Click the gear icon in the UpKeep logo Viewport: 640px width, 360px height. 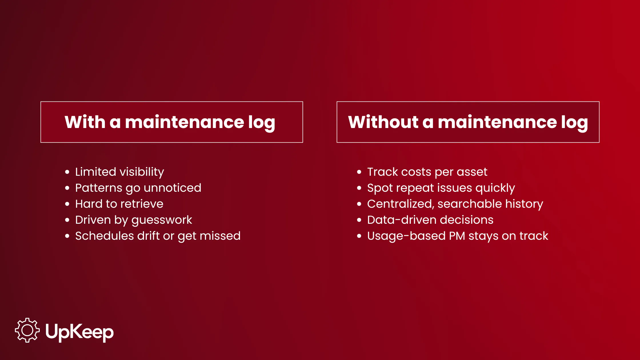tap(27, 330)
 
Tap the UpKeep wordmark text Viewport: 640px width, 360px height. tap(79, 332)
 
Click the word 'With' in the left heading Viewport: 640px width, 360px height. tap(85, 122)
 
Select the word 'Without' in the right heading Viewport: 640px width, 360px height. tap(383, 122)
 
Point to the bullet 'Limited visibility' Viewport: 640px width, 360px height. tap(119, 172)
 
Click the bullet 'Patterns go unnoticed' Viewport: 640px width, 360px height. tap(138, 188)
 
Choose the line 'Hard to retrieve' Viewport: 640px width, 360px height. tap(119, 204)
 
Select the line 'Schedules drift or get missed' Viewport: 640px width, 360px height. tap(158, 236)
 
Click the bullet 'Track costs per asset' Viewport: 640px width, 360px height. tap(427, 172)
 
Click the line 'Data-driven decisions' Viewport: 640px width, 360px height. tap(430, 220)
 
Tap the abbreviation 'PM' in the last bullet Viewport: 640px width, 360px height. tap(457, 236)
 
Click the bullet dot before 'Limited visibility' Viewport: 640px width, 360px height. tap(67, 172)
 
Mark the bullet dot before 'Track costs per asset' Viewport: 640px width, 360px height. tap(359, 172)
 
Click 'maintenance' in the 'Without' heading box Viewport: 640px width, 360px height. tap(497, 122)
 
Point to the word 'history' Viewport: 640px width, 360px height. tap(524, 204)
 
